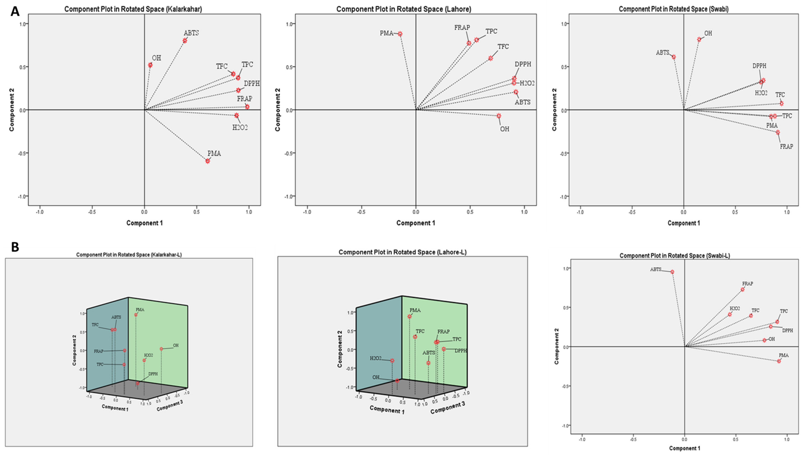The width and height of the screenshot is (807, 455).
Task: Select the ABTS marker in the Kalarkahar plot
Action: coord(185,40)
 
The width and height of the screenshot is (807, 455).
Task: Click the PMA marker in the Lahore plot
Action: coord(400,34)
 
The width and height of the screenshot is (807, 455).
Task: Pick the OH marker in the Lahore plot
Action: coord(499,116)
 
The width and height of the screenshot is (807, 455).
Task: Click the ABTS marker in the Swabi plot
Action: coord(674,57)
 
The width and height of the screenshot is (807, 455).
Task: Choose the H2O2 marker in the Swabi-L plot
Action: coord(730,314)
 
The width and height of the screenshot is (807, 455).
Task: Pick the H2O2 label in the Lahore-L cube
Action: coord(376,358)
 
